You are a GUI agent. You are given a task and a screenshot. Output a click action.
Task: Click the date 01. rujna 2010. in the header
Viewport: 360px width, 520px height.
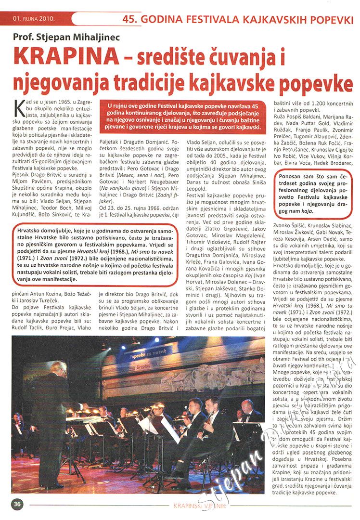pos(35,20)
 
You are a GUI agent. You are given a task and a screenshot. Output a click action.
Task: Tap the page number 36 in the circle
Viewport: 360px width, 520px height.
pos(17,504)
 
